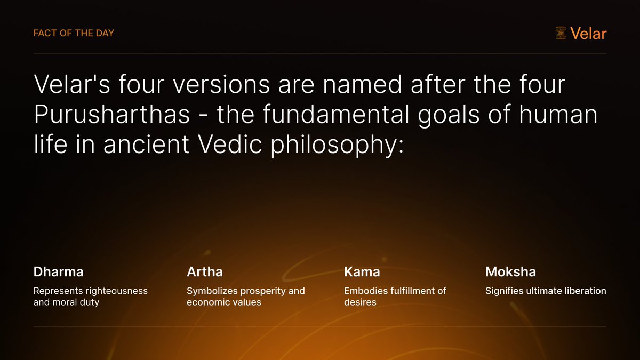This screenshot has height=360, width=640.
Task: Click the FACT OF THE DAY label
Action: (x=74, y=33)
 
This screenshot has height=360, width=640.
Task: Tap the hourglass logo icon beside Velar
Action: (x=561, y=34)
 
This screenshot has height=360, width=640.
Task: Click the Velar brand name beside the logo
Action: (x=588, y=34)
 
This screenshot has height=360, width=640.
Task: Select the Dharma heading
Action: (x=58, y=271)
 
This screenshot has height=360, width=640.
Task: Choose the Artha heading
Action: (x=205, y=271)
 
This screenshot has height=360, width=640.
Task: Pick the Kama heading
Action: (x=362, y=271)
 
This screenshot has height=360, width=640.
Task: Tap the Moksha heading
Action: (x=510, y=271)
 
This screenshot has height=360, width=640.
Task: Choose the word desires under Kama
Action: (x=361, y=302)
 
